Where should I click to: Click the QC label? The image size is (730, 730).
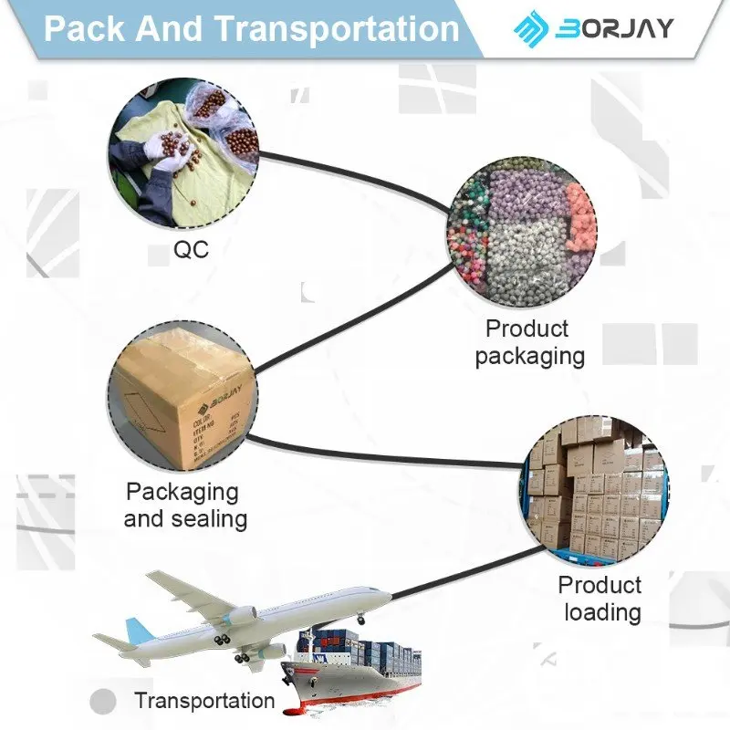[x=191, y=249]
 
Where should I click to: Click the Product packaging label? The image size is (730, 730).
[x=528, y=341]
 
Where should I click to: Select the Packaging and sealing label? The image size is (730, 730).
[x=185, y=505]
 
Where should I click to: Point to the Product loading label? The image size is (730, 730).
[x=600, y=598]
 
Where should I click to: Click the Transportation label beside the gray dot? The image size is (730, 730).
[x=204, y=701]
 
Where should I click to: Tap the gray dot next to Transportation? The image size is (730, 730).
[x=105, y=702]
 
